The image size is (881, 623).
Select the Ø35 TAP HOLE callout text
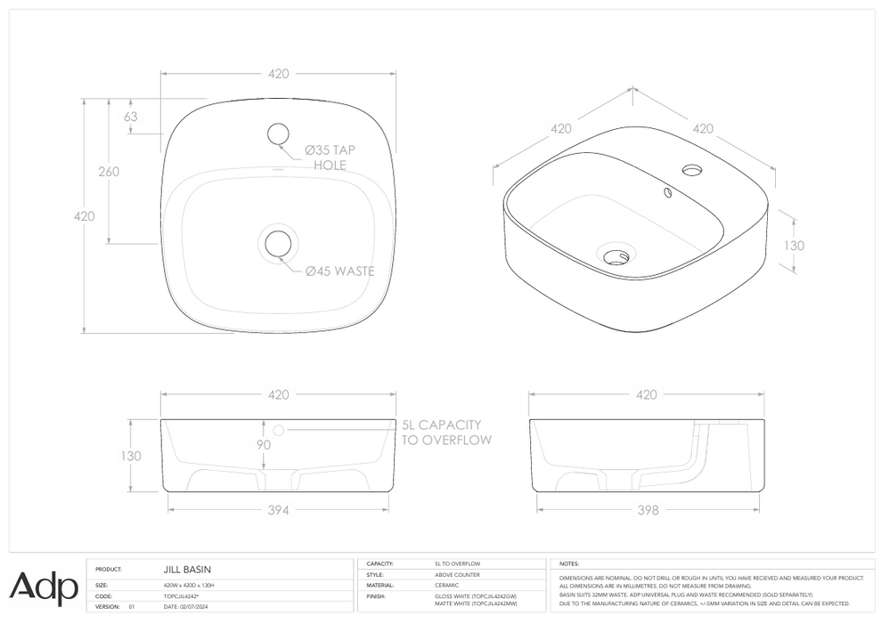(x=330, y=158)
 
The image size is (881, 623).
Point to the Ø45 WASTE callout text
(x=339, y=271)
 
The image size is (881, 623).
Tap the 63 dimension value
(x=130, y=117)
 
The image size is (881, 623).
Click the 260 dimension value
(x=109, y=172)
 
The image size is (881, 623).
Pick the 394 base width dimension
(x=278, y=510)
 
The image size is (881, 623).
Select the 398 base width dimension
(x=648, y=510)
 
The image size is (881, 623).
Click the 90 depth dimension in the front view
(x=264, y=445)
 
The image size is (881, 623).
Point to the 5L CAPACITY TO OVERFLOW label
(x=441, y=433)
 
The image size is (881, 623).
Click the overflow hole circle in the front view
(x=278, y=430)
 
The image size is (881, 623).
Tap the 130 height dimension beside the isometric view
(x=794, y=246)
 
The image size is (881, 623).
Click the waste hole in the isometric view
(x=616, y=257)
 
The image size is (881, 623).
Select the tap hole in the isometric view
(x=691, y=168)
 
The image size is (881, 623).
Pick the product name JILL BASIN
(x=187, y=569)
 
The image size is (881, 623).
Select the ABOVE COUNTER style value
(x=457, y=575)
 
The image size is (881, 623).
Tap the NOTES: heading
(x=569, y=564)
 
